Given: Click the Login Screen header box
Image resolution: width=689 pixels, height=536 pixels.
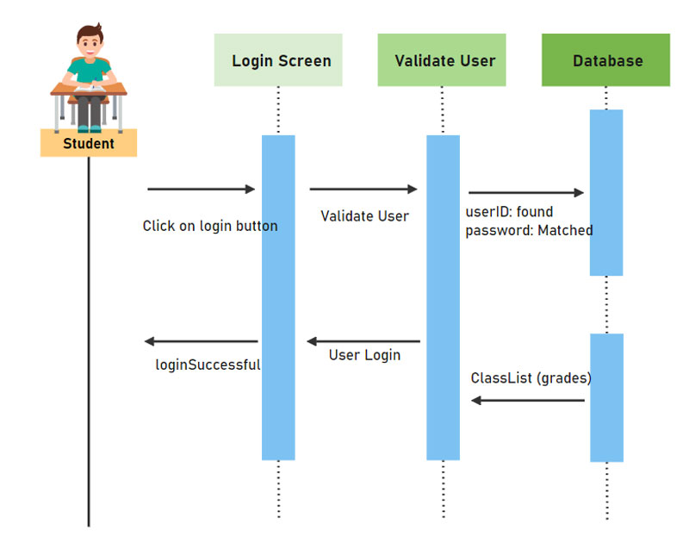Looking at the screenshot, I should coord(278,60).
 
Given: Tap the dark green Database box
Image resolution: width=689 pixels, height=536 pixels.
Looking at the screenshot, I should coord(605,60).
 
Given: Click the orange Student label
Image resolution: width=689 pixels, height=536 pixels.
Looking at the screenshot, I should coord(89,143).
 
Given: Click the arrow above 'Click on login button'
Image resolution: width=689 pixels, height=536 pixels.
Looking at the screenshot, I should coord(202,189).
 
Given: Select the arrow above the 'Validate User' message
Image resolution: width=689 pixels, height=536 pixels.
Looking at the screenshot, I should coord(363,189).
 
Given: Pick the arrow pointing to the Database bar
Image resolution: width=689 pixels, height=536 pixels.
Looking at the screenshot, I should coord(526,193).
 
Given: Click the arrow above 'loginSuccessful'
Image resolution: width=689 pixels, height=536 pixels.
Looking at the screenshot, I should coord(201,341).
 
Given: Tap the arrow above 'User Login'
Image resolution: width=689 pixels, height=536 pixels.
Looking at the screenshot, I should coord(363,341).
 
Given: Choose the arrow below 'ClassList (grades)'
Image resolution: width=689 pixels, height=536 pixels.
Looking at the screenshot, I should coord(528,400).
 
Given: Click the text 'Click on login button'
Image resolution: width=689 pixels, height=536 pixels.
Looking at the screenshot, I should coord(210,226).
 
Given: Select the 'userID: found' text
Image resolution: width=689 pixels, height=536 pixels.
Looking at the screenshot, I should coord(509,212).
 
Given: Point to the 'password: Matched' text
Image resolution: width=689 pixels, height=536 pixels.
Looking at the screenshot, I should coord(529,231).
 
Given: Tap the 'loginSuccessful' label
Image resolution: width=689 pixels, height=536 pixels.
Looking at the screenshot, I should coord(208,365).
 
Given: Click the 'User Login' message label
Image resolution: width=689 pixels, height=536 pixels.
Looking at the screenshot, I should coord(364,355).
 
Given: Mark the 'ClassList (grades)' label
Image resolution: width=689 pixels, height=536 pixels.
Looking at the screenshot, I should coord(531,378).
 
